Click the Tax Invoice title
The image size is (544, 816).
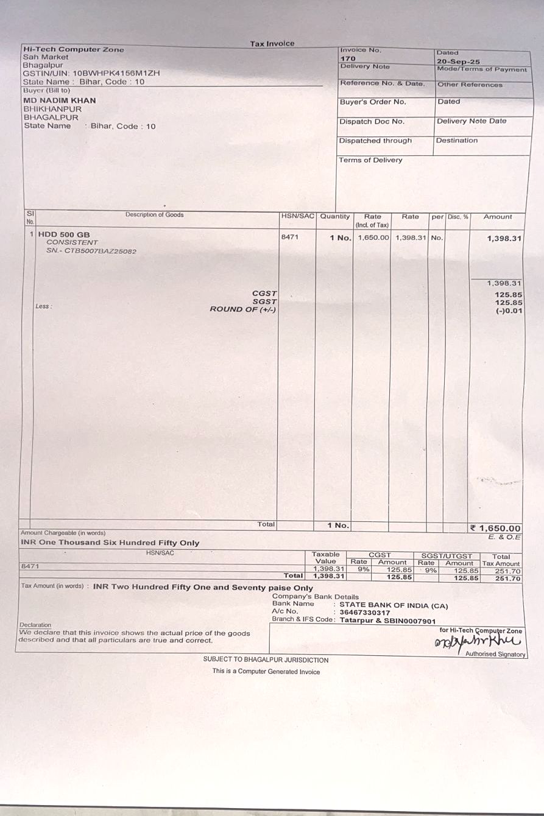[272, 44]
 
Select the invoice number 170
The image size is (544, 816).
[347, 58]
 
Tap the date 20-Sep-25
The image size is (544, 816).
[458, 62]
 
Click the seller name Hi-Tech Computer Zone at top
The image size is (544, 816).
[73, 49]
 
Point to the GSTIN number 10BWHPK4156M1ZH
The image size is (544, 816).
[116, 73]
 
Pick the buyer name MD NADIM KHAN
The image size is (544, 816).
[59, 100]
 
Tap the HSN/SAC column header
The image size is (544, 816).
[297, 216]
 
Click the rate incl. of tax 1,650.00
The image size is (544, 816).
[373, 237]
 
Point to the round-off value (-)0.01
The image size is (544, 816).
[509, 311]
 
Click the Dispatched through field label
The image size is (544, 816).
[375, 141]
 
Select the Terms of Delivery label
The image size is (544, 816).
[370, 160]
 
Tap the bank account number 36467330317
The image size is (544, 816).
[365, 612]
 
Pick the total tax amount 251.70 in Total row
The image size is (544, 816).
[508, 579]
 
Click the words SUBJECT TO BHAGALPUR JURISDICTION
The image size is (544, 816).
[266, 660]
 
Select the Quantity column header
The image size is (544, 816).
[335, 216]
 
